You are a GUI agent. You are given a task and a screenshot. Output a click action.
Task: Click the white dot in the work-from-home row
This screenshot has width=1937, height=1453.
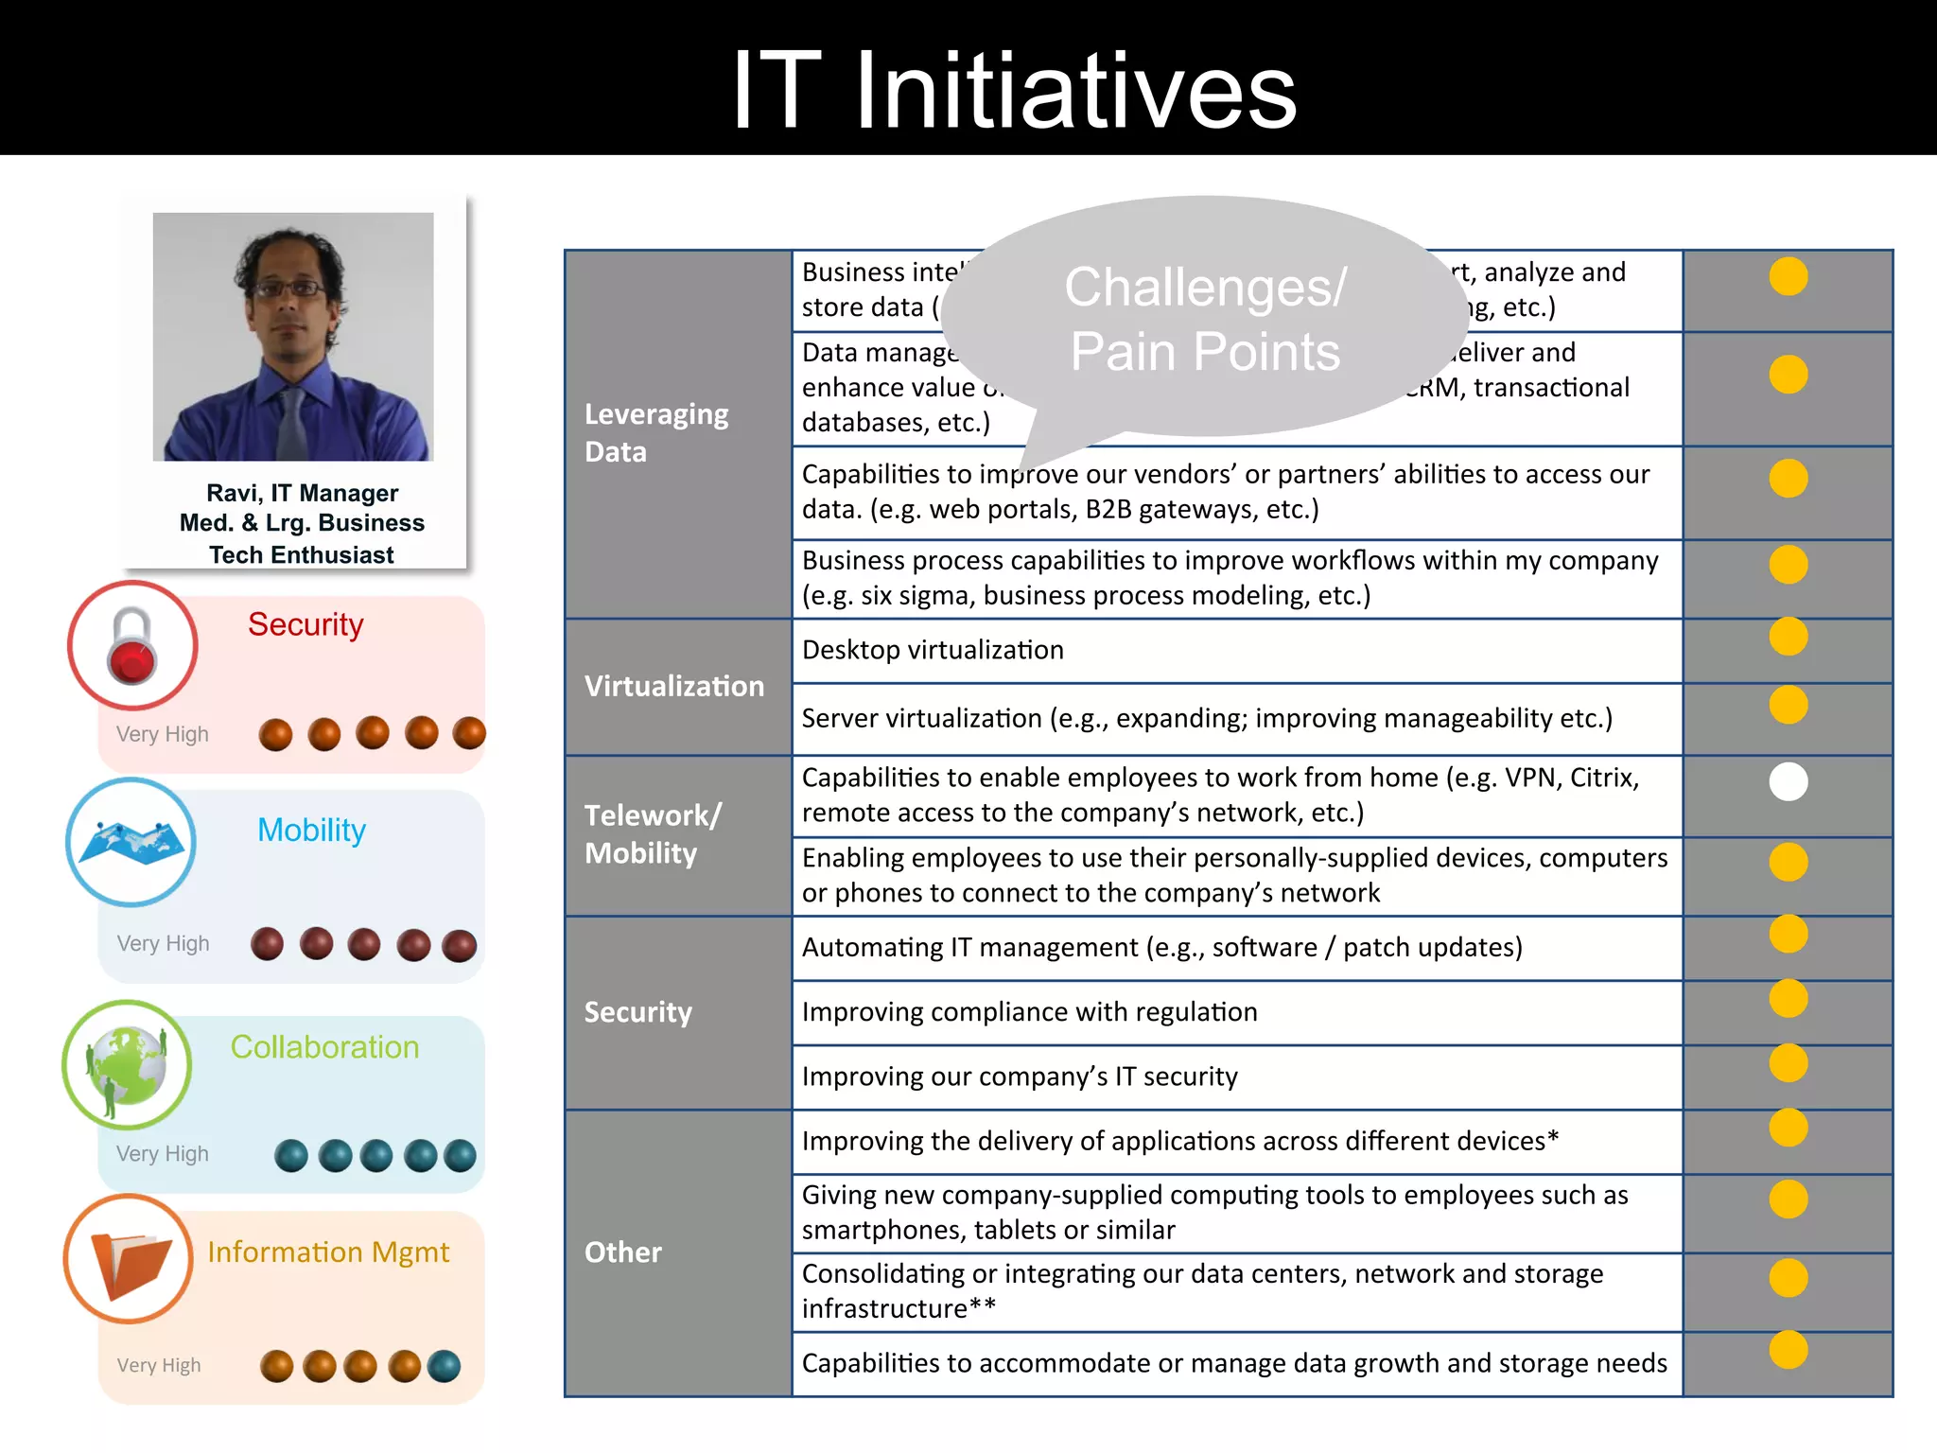(x=1788, y=781)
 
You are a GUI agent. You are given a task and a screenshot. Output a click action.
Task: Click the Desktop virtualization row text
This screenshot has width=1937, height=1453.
(x=933, y=650)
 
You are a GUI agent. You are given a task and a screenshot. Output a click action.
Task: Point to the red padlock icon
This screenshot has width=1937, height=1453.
(x=132, y=646)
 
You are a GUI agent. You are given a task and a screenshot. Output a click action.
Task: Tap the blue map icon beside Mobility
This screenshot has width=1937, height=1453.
(x=131, y=841)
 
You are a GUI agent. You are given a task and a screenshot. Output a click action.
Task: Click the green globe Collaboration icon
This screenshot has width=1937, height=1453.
(x=127, y=1064)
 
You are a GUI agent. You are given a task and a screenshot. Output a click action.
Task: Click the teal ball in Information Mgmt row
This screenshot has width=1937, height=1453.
(x=444, y=1366)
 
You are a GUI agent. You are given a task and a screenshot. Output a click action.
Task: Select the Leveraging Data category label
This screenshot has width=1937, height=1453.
(x=656, y=432)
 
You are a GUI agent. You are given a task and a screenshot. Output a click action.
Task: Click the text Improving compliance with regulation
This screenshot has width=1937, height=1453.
(x=1029, y=1011)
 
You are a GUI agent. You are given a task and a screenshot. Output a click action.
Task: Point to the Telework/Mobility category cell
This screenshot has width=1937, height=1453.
(x=653, y=833)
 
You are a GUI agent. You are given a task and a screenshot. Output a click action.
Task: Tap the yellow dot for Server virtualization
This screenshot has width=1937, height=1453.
(x=1788, y=705)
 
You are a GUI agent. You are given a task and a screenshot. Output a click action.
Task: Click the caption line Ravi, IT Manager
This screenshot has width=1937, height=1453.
(x=302, y=493)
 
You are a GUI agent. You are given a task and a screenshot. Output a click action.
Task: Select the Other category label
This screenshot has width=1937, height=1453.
(x=622, y=1252)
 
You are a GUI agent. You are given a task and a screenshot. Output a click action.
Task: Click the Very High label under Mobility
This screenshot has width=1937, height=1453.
(x=163, y=943)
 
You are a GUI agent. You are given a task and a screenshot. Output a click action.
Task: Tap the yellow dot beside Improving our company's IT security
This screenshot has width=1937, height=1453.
(x=1788, y=1062)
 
